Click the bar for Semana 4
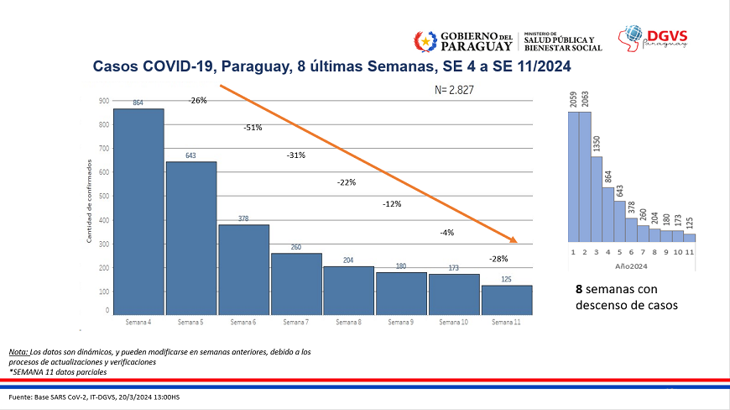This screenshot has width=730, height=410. pyautogui.click(x=138, y=210)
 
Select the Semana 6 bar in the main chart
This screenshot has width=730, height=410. pyautogui.click(x=243, y=269)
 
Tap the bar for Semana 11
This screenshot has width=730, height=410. pyautogui.click(x=506, y=299)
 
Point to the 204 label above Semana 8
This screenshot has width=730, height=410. pyautogui.click(x=348, y=260)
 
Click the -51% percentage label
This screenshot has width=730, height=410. pyautogui.click(x=253, y=128)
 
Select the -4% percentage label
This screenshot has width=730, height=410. pyautogui.click(x=446, y=233)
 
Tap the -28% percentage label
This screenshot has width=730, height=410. pyautogui.click(x=498, y=259)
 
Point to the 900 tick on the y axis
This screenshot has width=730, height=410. pyautogui.click(x=105, y=101)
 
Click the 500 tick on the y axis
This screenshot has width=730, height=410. pyautogui.click(x=105, y=197)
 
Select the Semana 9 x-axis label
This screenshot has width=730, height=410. pyautogui.click(x=401, y=322)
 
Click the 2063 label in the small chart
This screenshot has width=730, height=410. pyautogui.click(x=586, y=99)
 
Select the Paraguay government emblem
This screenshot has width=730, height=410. pyautogui.click(x=425, y=39)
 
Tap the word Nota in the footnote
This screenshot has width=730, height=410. pyautogui.click(x=18, y=350)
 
